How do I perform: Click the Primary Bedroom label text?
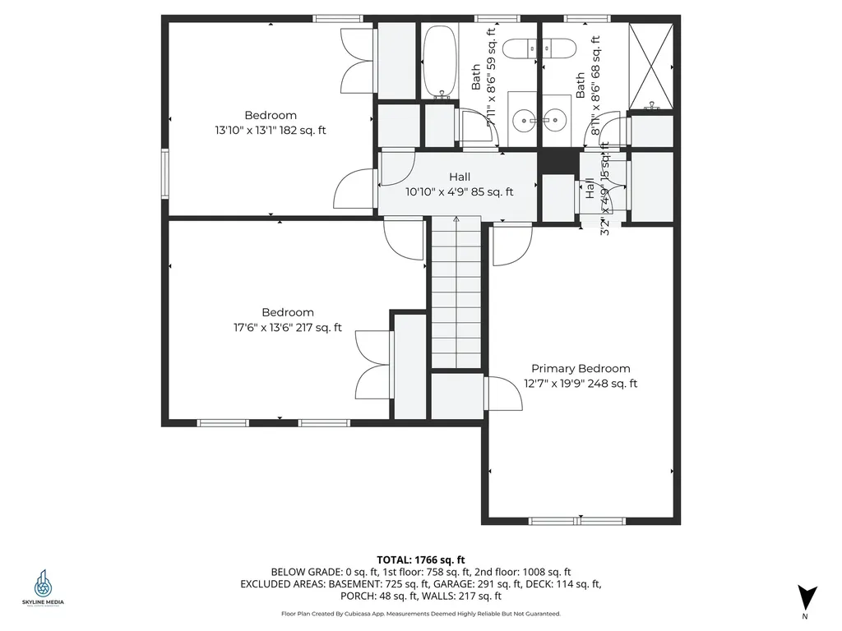point(581,369)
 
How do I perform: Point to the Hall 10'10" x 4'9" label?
point(459,185)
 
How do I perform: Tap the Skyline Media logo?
point(43,587)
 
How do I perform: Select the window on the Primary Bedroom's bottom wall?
point(578,520)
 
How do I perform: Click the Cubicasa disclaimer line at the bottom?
point(421,614)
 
